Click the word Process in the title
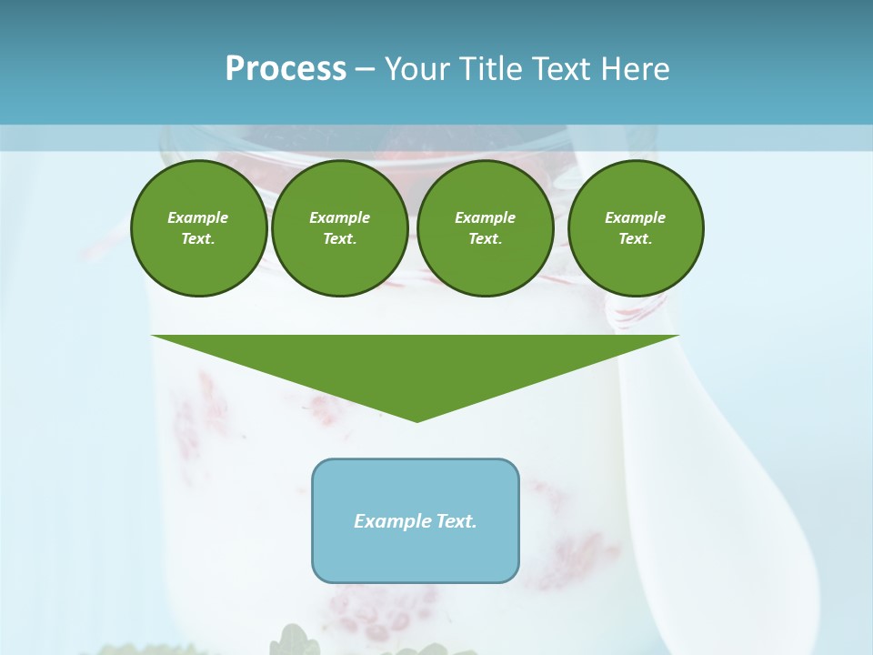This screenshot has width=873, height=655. pyautogui.click(x=286, y=69)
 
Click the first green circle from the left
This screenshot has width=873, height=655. pyautogui.click(x=198, y=228)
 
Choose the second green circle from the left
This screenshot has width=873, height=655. pyautogui.click(x=339, y=228)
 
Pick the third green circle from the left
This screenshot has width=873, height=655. pyautogui.click(x=485, y=228)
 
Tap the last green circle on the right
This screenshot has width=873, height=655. pyautogui.click(x=635, y=228)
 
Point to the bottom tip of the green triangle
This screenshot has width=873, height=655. pyautogui.click(x=416, y=419)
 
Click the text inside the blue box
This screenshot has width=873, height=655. pyautogui.click(x=416, y=521)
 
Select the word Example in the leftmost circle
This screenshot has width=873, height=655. pyautogui.click(x=198, y=217)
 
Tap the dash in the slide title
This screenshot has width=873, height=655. pyautogui.click(x=365, y=69)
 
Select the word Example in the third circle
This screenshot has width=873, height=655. pyautogui.click(x=485, y=217)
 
